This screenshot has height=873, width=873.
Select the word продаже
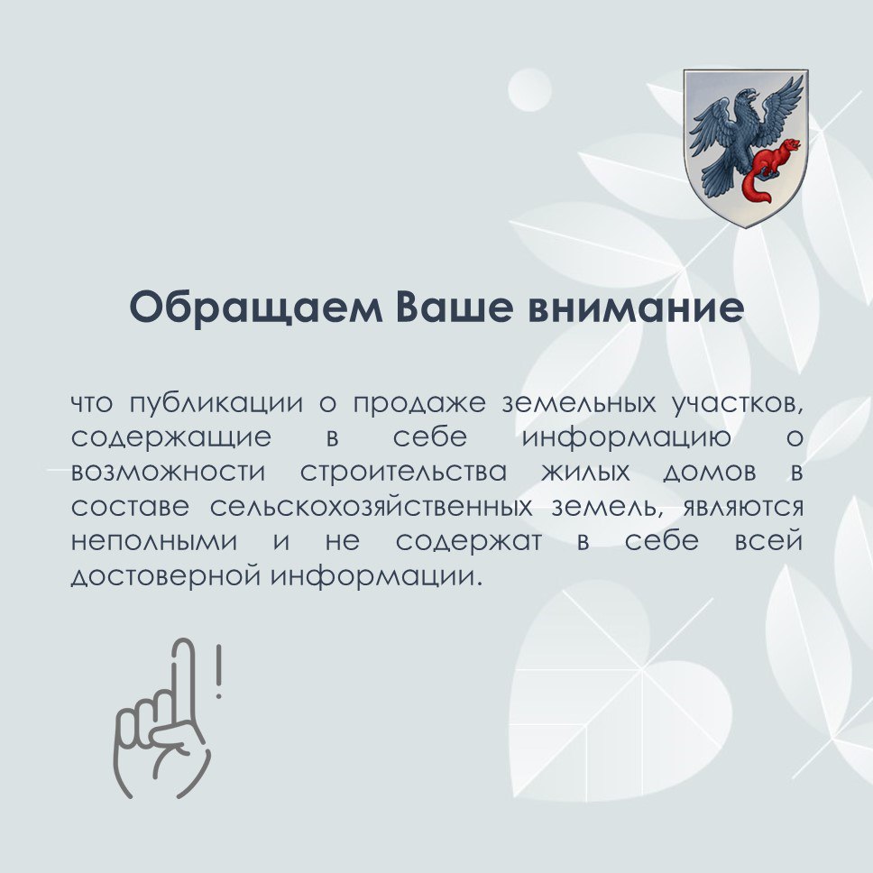pos(414,403)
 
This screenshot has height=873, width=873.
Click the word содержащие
pos(170,438)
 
